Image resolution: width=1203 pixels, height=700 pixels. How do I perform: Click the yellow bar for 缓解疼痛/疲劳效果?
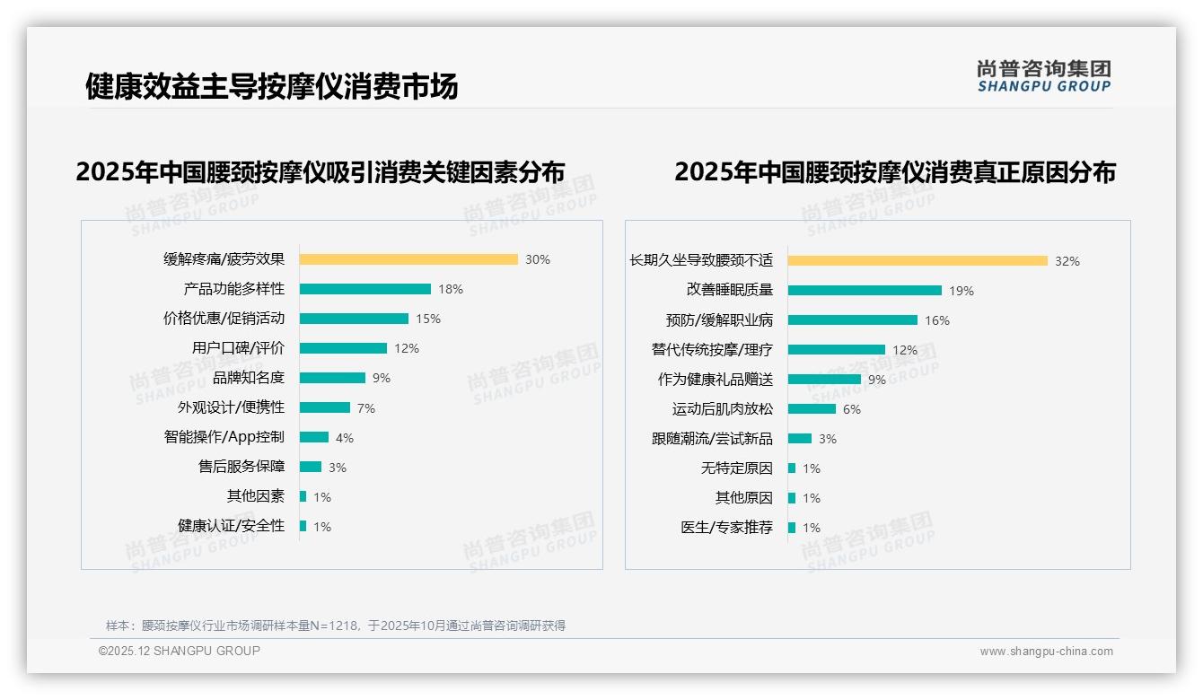[408, 259]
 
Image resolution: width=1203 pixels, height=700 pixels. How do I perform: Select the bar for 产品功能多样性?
[364, 289]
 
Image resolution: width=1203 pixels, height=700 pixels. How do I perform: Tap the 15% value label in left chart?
[428, 319]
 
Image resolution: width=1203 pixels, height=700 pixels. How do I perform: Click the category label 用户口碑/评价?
[238, 348]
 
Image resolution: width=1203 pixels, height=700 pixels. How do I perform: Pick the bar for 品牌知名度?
[332, 378]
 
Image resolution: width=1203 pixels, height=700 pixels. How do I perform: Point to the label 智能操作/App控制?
[224, 437]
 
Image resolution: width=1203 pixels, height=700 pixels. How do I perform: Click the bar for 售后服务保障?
[311, 467]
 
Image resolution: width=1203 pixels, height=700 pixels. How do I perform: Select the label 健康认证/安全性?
[231, 526]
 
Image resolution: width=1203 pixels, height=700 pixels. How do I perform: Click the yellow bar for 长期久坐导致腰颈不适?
[918, 261]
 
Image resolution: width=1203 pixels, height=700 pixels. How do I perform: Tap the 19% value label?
[962, 291]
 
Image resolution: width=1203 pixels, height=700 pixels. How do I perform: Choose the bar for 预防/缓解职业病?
[853, 320]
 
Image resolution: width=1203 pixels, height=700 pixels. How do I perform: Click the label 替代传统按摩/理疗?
[712, 350]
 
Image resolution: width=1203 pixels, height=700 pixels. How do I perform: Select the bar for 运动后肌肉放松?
[812, 409]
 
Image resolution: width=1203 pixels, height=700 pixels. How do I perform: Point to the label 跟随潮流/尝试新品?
[712, 439]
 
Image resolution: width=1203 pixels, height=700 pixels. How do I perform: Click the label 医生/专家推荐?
[726, 528]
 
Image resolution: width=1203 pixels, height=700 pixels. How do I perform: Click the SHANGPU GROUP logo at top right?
[1044, 76]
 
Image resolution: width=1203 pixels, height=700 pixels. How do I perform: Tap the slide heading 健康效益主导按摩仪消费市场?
[271, 86]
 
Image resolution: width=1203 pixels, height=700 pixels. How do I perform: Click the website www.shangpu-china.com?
[1046, 652]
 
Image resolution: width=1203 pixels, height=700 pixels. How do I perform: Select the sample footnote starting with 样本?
[336, 626]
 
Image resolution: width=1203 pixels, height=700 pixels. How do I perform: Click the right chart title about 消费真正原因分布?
[894, 171]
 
